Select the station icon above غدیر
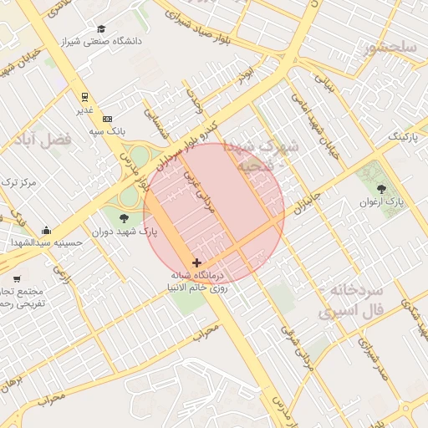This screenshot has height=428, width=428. (84, 97)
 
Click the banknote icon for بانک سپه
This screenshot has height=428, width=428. (107, 120)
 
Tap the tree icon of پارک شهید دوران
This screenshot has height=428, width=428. (125, 219)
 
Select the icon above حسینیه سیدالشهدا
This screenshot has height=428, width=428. (45, 231)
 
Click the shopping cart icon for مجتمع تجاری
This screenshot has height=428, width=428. (17, 278)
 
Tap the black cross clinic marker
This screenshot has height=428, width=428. (196, 262)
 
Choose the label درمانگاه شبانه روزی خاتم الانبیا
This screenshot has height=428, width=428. (197, 281)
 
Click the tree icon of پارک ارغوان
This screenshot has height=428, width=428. (382, 190)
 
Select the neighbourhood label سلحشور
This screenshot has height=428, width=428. (390, 48)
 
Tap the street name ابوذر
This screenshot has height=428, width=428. (244, 79)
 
